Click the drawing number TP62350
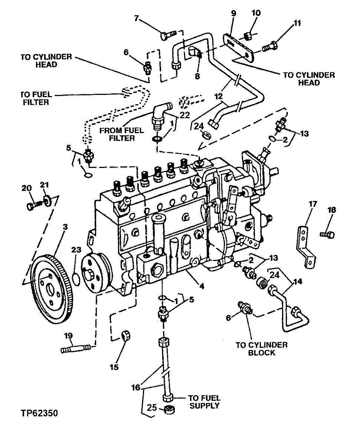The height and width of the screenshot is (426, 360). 39,413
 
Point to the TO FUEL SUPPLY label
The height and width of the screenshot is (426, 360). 204,401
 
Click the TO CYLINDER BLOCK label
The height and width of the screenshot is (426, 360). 261,349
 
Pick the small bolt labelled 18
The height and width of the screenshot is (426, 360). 328,234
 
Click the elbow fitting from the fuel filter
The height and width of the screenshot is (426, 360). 160,112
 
